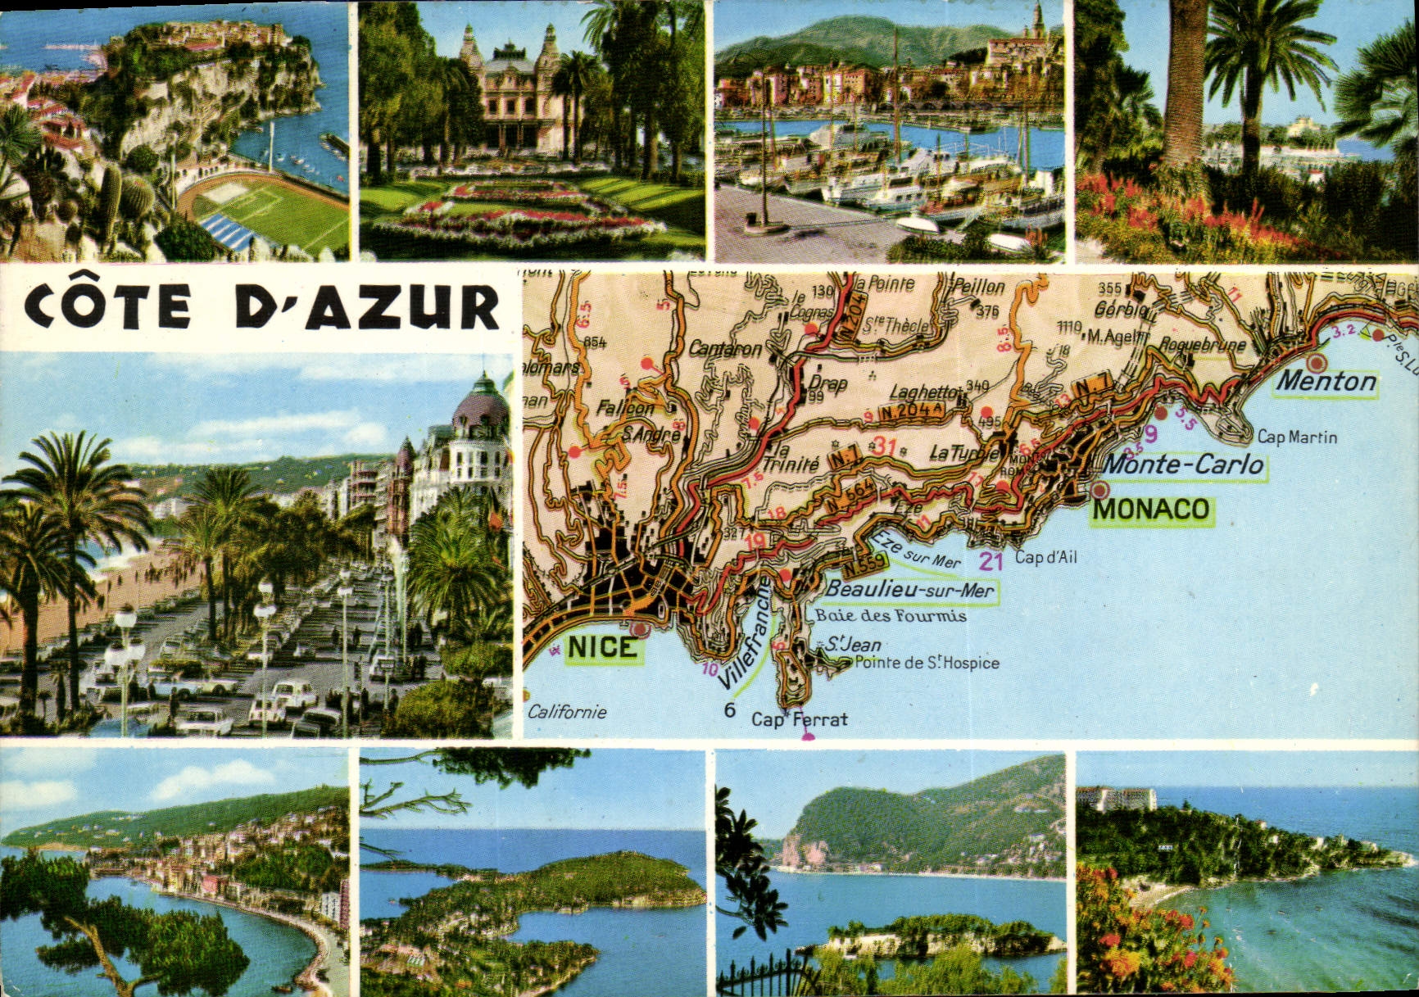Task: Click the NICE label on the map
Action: click(601, 647)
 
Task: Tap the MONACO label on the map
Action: click(1151, 510)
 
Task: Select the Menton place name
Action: click(1326, 381)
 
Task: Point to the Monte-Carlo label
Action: click(1183, 465)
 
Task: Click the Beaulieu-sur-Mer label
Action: click(909, 590)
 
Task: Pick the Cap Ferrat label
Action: click(800, 719)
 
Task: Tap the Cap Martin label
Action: click(1297, 437)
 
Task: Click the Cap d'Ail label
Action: click(1046, 558)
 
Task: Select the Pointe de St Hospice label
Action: click(927, 663)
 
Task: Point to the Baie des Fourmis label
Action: click(891, 615)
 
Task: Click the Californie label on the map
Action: click(567, 712)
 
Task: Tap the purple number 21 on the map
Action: click(991, 561)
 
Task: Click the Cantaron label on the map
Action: click(725, 349)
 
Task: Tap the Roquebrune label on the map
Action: click(1202, 345)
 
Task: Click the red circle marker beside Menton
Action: click(1317, 362)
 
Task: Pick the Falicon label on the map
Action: click(625, 407)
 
